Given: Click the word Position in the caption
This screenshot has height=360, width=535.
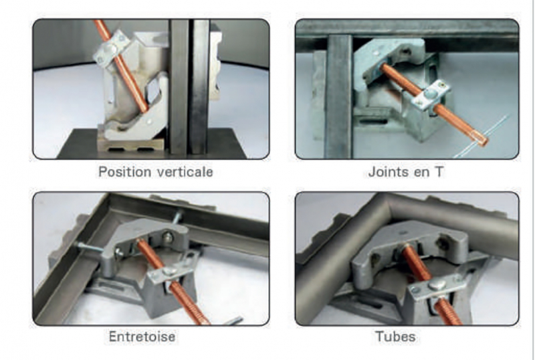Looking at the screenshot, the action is (125, 171).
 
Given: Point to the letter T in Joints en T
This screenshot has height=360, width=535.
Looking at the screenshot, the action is (439, 171).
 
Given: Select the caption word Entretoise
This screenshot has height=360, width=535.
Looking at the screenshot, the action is (142, 337).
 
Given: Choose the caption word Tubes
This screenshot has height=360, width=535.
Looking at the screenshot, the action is (395, 337).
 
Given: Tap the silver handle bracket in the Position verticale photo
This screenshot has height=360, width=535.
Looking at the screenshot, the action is (112, 47).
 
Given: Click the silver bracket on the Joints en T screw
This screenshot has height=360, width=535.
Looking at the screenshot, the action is (431, 95).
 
